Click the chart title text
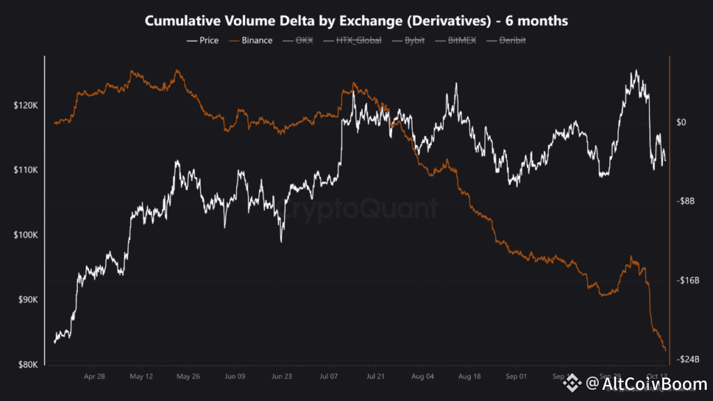(356, 22)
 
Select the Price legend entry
(203, 40)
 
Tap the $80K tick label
(27, 365)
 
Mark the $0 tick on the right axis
(682, 123)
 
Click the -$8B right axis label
(687, 201)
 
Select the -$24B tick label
(688, 359)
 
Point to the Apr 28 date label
(94, 377)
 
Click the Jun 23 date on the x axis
(282, 377)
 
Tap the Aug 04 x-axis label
(423, 377)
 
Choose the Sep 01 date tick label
(517, 377)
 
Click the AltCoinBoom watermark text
(646, 383)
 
